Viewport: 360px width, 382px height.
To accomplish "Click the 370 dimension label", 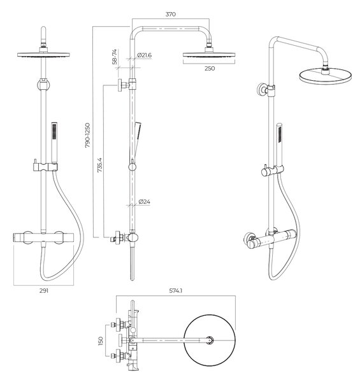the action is tap(170, 14).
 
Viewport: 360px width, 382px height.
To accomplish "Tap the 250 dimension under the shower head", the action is tap(210, 69).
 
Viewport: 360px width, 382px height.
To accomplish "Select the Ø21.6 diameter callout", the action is tap(144, 55).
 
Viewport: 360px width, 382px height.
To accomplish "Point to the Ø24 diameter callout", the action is tap(144, 202).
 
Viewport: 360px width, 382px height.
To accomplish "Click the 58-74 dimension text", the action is tap(115, 57).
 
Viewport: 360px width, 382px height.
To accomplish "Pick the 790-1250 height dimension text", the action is tap(87, 136).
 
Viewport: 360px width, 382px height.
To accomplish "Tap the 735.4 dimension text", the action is tap(99, 165).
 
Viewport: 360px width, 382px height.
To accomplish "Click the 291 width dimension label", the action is tap(44, 291).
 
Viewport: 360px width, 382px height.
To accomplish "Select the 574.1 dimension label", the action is tap(176, 291).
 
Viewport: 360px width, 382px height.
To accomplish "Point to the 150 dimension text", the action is tap(100, 341).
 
